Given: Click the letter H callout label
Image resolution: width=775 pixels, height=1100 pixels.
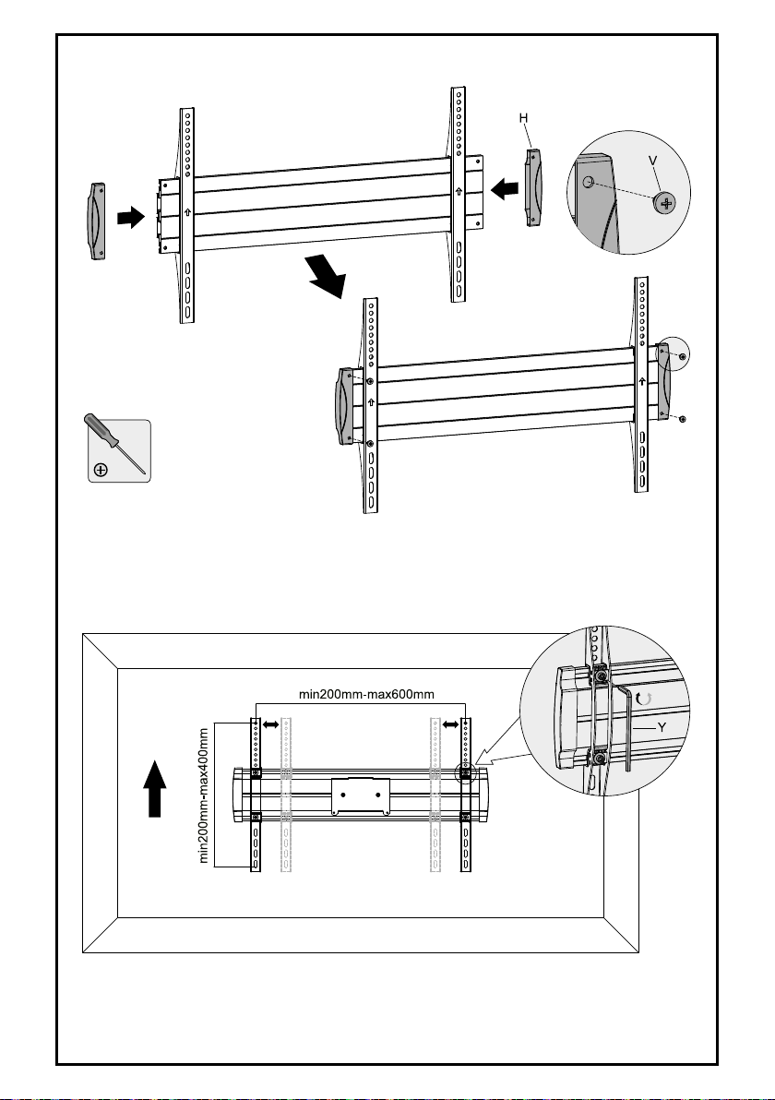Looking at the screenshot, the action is (x=523, y=118).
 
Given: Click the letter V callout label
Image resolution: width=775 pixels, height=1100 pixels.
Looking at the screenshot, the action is (x=653, y=161).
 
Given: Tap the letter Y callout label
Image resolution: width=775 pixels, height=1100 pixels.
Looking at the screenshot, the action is (x=662, y=728).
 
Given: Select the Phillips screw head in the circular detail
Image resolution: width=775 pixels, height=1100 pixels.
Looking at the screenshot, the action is (x=665, y=204).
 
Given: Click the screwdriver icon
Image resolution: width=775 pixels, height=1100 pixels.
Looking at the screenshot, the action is (x=115, y=443).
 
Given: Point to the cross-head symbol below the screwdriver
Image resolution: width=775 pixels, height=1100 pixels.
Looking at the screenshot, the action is (x=101, y=470).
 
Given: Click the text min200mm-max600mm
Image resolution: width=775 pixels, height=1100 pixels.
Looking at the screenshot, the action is (x=367, y=695).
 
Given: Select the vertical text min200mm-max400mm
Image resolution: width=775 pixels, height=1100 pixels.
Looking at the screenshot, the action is (x=204, y=795).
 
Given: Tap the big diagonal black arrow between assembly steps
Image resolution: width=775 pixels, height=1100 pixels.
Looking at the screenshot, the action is (x=325, y=276).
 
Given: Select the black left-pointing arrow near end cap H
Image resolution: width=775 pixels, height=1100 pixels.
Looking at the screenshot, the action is (x=505, y=188).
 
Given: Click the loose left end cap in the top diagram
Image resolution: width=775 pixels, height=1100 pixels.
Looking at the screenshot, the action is (x=96, y=221).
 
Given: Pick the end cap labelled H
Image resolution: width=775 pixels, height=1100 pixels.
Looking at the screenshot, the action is (x=533, y=186).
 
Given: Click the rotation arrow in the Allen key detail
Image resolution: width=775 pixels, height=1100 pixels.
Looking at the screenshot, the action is (x=645, y=698).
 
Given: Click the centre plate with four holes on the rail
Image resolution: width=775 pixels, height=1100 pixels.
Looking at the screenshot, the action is (x=361, y=795).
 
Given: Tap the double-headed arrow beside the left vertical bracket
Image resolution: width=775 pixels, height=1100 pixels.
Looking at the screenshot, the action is (x=270, y=723).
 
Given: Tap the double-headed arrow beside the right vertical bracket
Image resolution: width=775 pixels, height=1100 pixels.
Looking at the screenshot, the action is (x=450, y=723).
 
